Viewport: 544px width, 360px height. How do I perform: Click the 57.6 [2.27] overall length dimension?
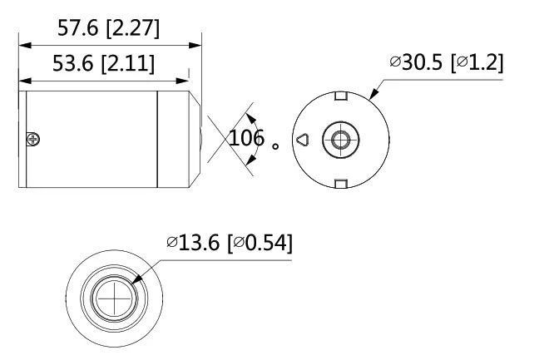point(108,29)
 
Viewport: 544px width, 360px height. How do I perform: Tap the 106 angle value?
point(246,139)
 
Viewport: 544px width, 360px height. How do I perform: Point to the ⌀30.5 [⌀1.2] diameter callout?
point(447,62)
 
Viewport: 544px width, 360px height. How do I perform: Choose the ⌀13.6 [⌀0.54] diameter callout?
point(230,244)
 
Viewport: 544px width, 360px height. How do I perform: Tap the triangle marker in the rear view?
point(303,140)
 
